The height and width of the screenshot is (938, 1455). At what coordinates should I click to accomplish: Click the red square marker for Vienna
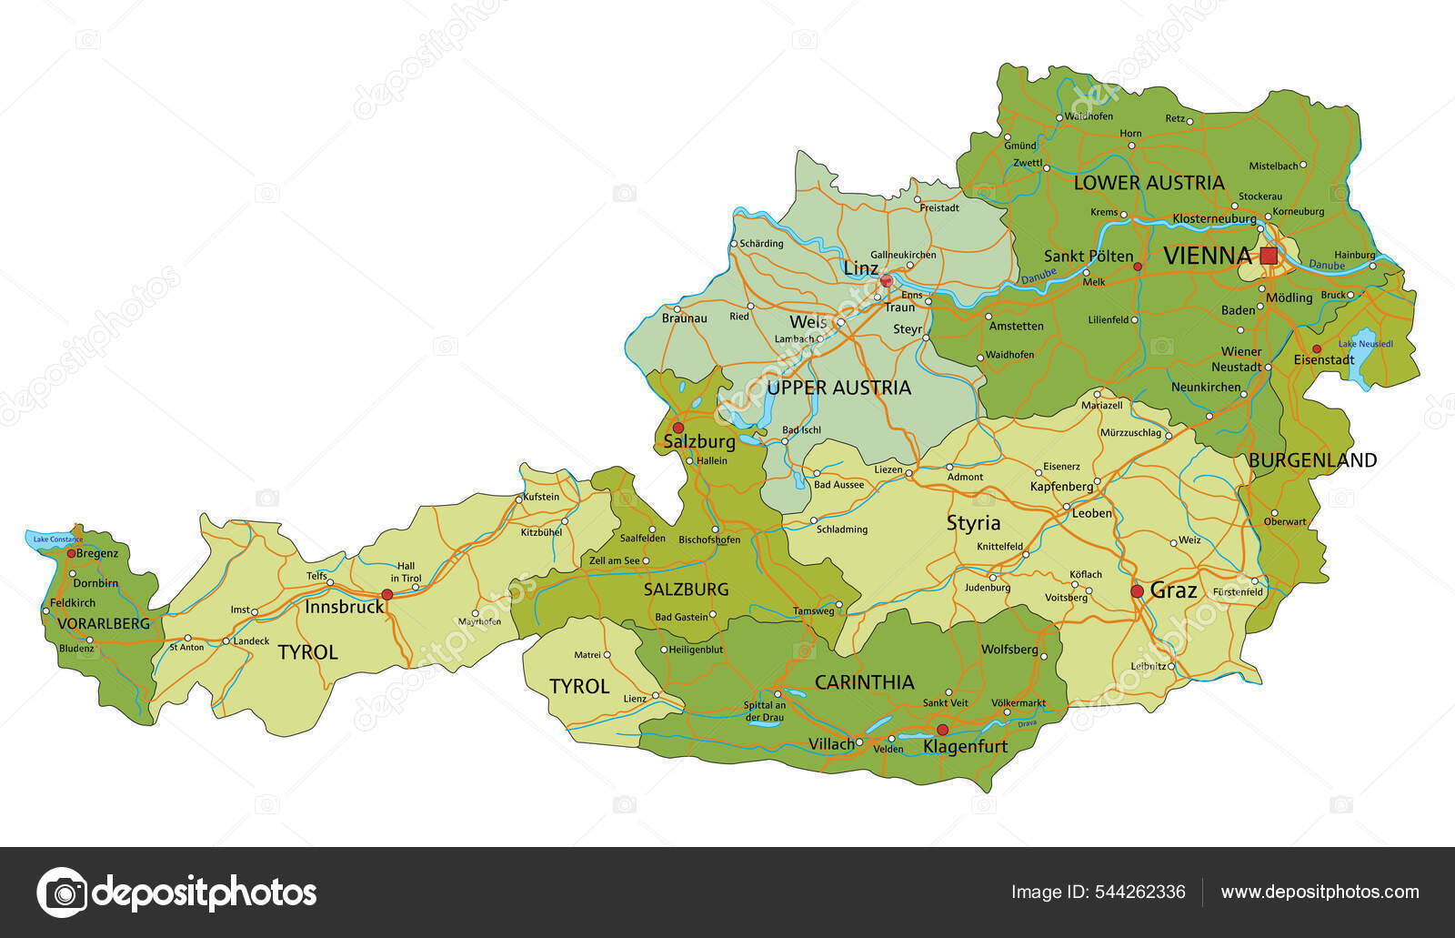tap(1269, 256)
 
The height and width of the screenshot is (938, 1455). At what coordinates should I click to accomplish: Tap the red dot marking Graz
tap(1137, 591)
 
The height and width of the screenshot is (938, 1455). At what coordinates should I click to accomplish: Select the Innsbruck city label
tap(344, 607)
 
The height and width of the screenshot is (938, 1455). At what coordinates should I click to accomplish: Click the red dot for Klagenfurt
tap(942, 730)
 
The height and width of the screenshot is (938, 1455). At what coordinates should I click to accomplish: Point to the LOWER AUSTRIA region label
tap(1149, 183)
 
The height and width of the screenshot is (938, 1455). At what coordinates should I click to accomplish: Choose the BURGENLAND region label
tap(1312, 460)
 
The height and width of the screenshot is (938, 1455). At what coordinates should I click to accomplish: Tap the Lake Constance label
tap(57, 540)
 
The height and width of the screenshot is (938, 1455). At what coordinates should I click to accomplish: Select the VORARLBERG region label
tap(103, 624)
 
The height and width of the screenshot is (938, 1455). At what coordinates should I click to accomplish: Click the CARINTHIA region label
tap(864, 682)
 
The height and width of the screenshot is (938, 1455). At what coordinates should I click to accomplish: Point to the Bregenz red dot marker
tap(71, 553)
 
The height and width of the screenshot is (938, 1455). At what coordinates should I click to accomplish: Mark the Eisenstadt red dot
tap(1316, 349)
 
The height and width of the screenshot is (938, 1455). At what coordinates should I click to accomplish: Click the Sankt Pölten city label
tap(1088, 257)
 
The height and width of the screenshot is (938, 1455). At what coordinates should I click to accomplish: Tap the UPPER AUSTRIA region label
tap(838, 388)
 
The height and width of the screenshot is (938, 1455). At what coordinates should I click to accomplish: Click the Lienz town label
tap(634, 699)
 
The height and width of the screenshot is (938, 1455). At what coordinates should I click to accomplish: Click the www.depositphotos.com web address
tap(1320, 892)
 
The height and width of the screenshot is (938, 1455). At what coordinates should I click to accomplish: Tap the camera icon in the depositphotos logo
tap(62, 892)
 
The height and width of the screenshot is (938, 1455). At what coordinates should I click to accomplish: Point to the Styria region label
tap(973, 523)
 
